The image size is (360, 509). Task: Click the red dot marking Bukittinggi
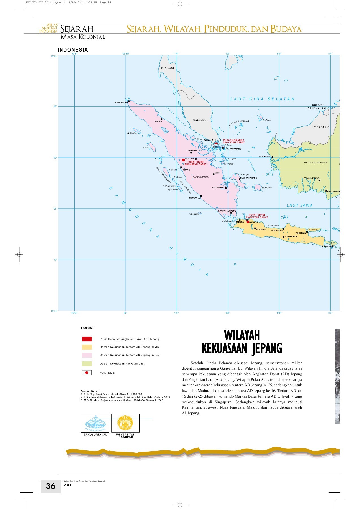coord(183,160)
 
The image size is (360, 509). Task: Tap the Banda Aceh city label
coord(121,103)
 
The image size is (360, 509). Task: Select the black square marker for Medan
coord(161,119)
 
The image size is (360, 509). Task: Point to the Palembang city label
coord(218,187)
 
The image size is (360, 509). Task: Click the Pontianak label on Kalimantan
coord(265,157)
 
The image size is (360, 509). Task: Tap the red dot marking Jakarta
coord(248,222)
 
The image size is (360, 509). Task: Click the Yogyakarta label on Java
coord(291,236)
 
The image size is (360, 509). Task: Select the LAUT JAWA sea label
coord(299,206)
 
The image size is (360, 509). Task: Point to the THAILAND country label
coord(168,68)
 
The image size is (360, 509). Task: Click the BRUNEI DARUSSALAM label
coord(316,107)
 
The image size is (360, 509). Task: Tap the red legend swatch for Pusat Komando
coord(87,339)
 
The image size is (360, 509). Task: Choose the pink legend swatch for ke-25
coord(87,355)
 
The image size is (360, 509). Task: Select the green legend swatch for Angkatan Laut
coord(87,364)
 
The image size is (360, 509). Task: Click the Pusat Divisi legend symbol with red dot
coord(87,373)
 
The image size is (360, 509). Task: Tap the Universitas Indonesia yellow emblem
coord(125,423)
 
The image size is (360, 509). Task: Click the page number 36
coord(51,486)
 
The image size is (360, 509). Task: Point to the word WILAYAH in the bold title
coord(242,336)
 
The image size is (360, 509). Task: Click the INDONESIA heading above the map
coord(73,50)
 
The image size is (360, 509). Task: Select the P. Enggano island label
coord(194,214)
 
